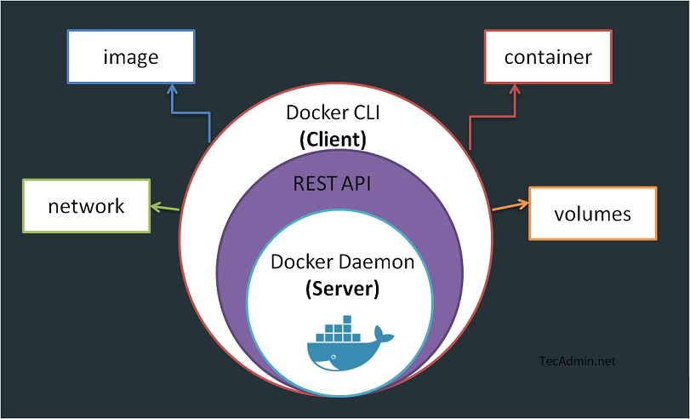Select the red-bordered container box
coord(547,57)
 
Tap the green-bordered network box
coord(86,205)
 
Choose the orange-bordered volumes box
coord(592,213)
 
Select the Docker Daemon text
coord(342,261)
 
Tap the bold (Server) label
coord(342,288)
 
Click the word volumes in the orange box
coord(592,213)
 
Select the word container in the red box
coord(547,57)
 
